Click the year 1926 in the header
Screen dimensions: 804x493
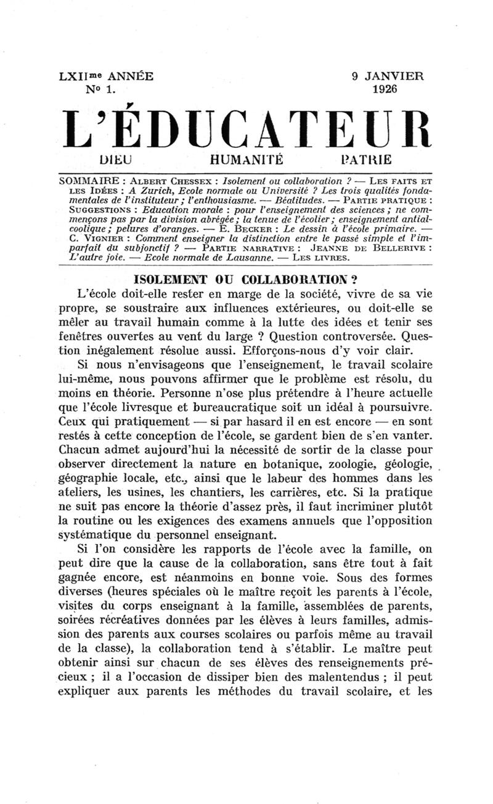(385, 89)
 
